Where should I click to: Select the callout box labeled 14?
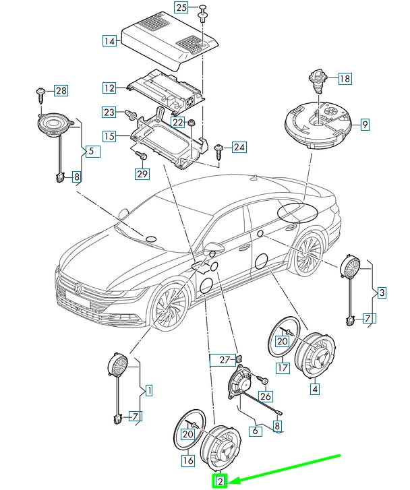click(x=109, y=40)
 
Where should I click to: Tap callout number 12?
click(x=109, y=88)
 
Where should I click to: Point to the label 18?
click(x=344, y=79)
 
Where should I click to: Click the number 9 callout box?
click(x=364, y=124)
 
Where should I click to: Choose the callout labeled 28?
click(x=61, y=90)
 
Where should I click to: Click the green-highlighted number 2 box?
click(x=220, y=481)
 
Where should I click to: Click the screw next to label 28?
click(x=40, y=90)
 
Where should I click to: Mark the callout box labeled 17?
click(x=282, y=369)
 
